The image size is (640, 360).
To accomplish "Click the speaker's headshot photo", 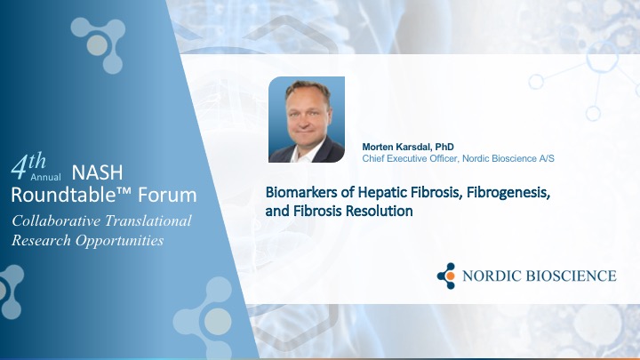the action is (x=307, y=119).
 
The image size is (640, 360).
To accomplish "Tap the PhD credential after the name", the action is (x=444, y=147).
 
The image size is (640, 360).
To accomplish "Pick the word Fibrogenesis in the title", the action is (x=508, y=192).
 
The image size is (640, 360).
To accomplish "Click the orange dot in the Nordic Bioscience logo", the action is (x=450, y=276).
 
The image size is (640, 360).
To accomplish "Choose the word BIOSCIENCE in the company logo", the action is (x=571, y=276).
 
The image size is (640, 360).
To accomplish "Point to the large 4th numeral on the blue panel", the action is (x=28, y=165).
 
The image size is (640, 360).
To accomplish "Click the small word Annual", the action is (x=45, y=177).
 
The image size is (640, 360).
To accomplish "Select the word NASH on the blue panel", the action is (x=97, y=172).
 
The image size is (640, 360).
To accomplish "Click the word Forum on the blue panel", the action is (x=167, y=195).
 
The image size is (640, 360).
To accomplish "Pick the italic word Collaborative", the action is (x=56, y=220).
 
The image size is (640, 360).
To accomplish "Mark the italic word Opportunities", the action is (x=119, y=241).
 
